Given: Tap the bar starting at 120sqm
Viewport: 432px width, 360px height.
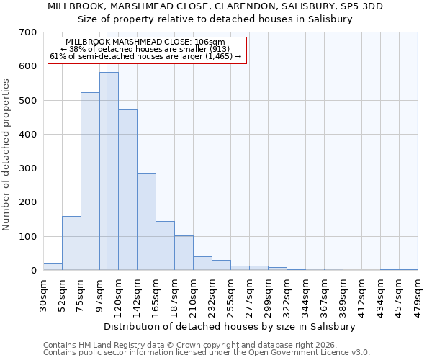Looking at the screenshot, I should [127, 190].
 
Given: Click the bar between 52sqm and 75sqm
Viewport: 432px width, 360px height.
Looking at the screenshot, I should [71, 243].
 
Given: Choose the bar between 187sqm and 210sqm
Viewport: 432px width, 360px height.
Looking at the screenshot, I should [184, 253].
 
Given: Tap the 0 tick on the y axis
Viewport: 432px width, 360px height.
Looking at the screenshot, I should [32, 271].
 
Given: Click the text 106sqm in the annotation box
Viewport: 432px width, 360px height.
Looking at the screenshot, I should [212, 42].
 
